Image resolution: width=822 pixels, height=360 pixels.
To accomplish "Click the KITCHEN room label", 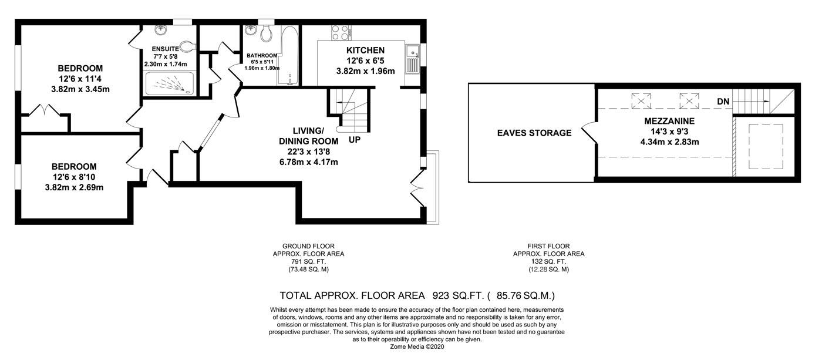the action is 365,51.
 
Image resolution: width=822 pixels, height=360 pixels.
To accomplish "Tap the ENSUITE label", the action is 165,49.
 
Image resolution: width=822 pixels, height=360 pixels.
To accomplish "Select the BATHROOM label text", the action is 262,55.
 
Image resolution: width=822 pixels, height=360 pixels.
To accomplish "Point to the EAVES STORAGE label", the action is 534,133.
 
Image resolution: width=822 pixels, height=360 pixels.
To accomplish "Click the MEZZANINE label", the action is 669,121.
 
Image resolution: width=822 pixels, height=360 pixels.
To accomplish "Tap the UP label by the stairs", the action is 355,140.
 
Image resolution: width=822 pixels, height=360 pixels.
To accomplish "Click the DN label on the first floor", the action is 723,102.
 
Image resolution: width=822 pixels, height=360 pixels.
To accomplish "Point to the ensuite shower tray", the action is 169,83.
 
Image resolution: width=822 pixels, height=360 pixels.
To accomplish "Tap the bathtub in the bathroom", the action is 289,55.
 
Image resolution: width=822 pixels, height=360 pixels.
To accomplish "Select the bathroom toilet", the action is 265,33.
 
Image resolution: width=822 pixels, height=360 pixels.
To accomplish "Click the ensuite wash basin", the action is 160,30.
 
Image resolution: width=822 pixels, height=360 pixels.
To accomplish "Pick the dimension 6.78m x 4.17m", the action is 309,162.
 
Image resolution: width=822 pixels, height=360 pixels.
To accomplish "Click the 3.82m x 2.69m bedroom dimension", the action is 74,187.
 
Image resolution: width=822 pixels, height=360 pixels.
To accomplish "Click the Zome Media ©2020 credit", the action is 417,346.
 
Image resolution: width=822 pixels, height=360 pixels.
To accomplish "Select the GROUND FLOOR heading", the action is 308,246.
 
